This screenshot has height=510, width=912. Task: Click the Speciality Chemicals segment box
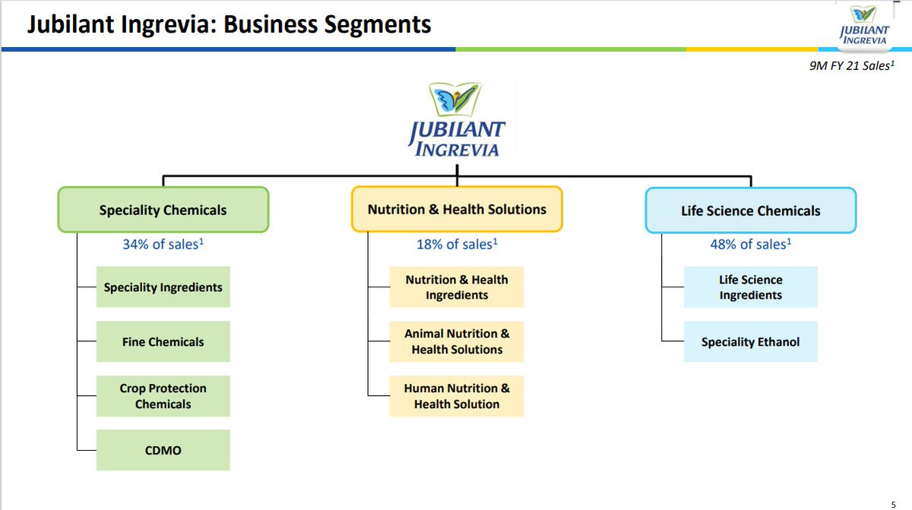coord(163,210)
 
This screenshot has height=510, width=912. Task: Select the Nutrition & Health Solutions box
coord(457,209)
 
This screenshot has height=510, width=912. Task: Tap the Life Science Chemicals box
coord(750,211)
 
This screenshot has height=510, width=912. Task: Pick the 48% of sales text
coord(750,244)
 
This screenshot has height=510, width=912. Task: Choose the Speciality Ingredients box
coord(163,287)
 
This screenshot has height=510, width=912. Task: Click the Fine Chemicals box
coord(163,342)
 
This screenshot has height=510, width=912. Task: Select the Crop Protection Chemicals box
coord(163,396)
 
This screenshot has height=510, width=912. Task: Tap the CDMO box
coord(163,451)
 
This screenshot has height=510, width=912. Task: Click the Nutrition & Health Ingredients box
coord(457,287)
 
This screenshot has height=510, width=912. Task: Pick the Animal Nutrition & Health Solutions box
coord(457,342)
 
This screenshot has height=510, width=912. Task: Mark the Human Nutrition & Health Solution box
coord(457,396)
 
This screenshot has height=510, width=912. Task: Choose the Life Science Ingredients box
coord(750,287)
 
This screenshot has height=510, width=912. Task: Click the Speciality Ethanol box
coord(750,342)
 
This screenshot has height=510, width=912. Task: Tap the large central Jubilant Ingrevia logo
coord(456,120)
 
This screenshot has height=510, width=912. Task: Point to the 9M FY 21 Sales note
coord(850,65)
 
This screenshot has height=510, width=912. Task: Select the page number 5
coord(893,504)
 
